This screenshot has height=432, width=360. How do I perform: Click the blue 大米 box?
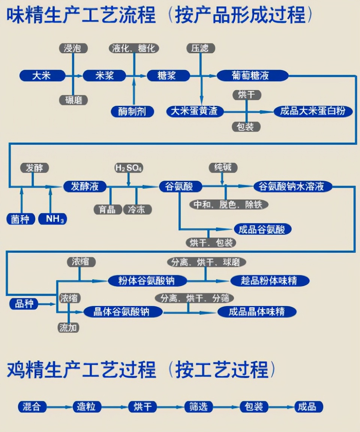(x=42, y=76)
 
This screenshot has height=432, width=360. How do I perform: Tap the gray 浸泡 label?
(x=73, y=48)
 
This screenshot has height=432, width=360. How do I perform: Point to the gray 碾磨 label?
(x=73, y=100)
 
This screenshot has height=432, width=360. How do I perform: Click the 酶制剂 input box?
(x=132, y=111)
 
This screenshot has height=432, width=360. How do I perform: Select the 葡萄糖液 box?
(x=252, y=76)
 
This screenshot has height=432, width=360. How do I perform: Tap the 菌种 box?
(x=21, y=219)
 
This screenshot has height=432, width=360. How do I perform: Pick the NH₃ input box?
(x=53, y=219)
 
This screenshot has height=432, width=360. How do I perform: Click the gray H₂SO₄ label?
(x=129, y=168)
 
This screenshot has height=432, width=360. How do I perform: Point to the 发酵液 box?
(x=85, y=186)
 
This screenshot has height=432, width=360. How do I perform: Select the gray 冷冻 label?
(x=137, y=209)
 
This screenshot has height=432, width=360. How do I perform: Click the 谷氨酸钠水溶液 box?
(x=293, y=186)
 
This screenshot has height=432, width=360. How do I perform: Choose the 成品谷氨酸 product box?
(x=262, y=229)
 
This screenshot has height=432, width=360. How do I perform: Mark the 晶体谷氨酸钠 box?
(x=122, y=312)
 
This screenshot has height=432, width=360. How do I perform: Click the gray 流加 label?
(x=68, y=328)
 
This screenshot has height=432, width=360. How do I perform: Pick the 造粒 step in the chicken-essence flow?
(x=86, y=407)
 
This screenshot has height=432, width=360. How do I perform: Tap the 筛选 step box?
(x=198, y=407)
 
